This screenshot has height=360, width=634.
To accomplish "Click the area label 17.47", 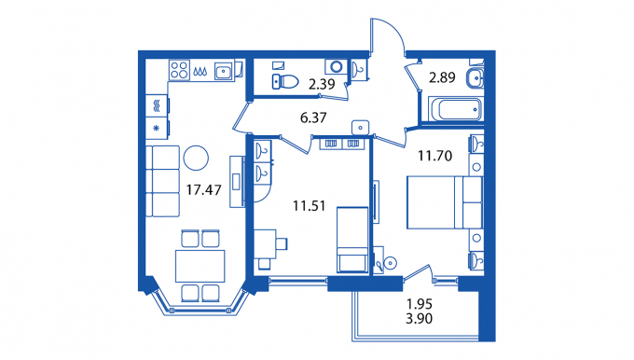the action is click(204, 189).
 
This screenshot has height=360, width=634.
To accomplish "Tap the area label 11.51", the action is click(309, 206).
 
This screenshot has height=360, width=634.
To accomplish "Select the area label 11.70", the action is click(434, 156).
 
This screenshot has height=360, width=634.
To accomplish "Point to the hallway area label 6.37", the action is click(313, 118).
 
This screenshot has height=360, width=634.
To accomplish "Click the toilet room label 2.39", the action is click(322, 84).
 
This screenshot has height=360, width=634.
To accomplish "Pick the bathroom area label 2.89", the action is click(442, 77).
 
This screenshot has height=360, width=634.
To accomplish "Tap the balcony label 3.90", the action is click(419, 319).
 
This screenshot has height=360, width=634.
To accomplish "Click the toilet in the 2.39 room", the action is click(285, 81).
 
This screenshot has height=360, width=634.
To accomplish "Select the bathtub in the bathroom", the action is click(456, 109).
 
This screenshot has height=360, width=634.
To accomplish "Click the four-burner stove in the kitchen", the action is click(179, 70).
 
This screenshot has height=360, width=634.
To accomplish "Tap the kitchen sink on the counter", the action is click(224, 72).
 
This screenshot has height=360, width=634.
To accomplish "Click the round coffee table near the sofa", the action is click(196, 158).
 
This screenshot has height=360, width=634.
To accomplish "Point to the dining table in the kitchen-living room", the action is click(200, 266).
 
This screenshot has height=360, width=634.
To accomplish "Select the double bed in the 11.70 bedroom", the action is click(445, 202).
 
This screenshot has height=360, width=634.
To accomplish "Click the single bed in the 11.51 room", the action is click(352, 240).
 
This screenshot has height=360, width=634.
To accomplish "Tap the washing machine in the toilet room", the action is click(336, 66).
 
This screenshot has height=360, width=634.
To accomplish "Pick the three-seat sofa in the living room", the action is click(162, 181).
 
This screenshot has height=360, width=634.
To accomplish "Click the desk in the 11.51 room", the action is click(265, 244).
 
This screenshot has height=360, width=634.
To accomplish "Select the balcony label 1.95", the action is click(419, 304).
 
